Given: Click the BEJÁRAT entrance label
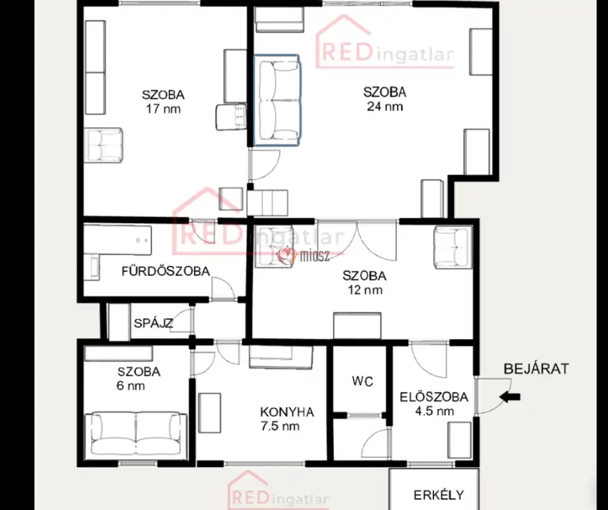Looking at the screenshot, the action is (536, 369).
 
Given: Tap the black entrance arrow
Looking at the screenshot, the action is (510, 397).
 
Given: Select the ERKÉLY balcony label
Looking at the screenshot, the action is (438, 495).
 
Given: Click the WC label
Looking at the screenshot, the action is (362, 381).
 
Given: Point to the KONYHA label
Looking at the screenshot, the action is (287, 412).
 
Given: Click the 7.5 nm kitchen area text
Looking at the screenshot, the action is (280, 426).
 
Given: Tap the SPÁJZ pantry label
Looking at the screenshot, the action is (153, 323).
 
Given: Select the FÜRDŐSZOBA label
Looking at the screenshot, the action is (166, 271).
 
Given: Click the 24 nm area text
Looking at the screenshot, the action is (385, 107).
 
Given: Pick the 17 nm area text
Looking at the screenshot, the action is (163, 109).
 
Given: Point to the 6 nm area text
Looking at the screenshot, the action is (131, 386).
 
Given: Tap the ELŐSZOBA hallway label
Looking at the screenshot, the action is (434, 397).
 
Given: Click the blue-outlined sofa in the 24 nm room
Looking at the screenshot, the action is (277, 100).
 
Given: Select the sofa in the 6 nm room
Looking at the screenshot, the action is (136, 433).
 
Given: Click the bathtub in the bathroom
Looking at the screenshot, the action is (117, 240).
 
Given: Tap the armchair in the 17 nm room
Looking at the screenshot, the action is (103, 145).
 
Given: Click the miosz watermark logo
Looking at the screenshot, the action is (303, 256).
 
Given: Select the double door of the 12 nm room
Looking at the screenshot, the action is (357, 240).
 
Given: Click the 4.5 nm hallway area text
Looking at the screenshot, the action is (434, 411).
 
